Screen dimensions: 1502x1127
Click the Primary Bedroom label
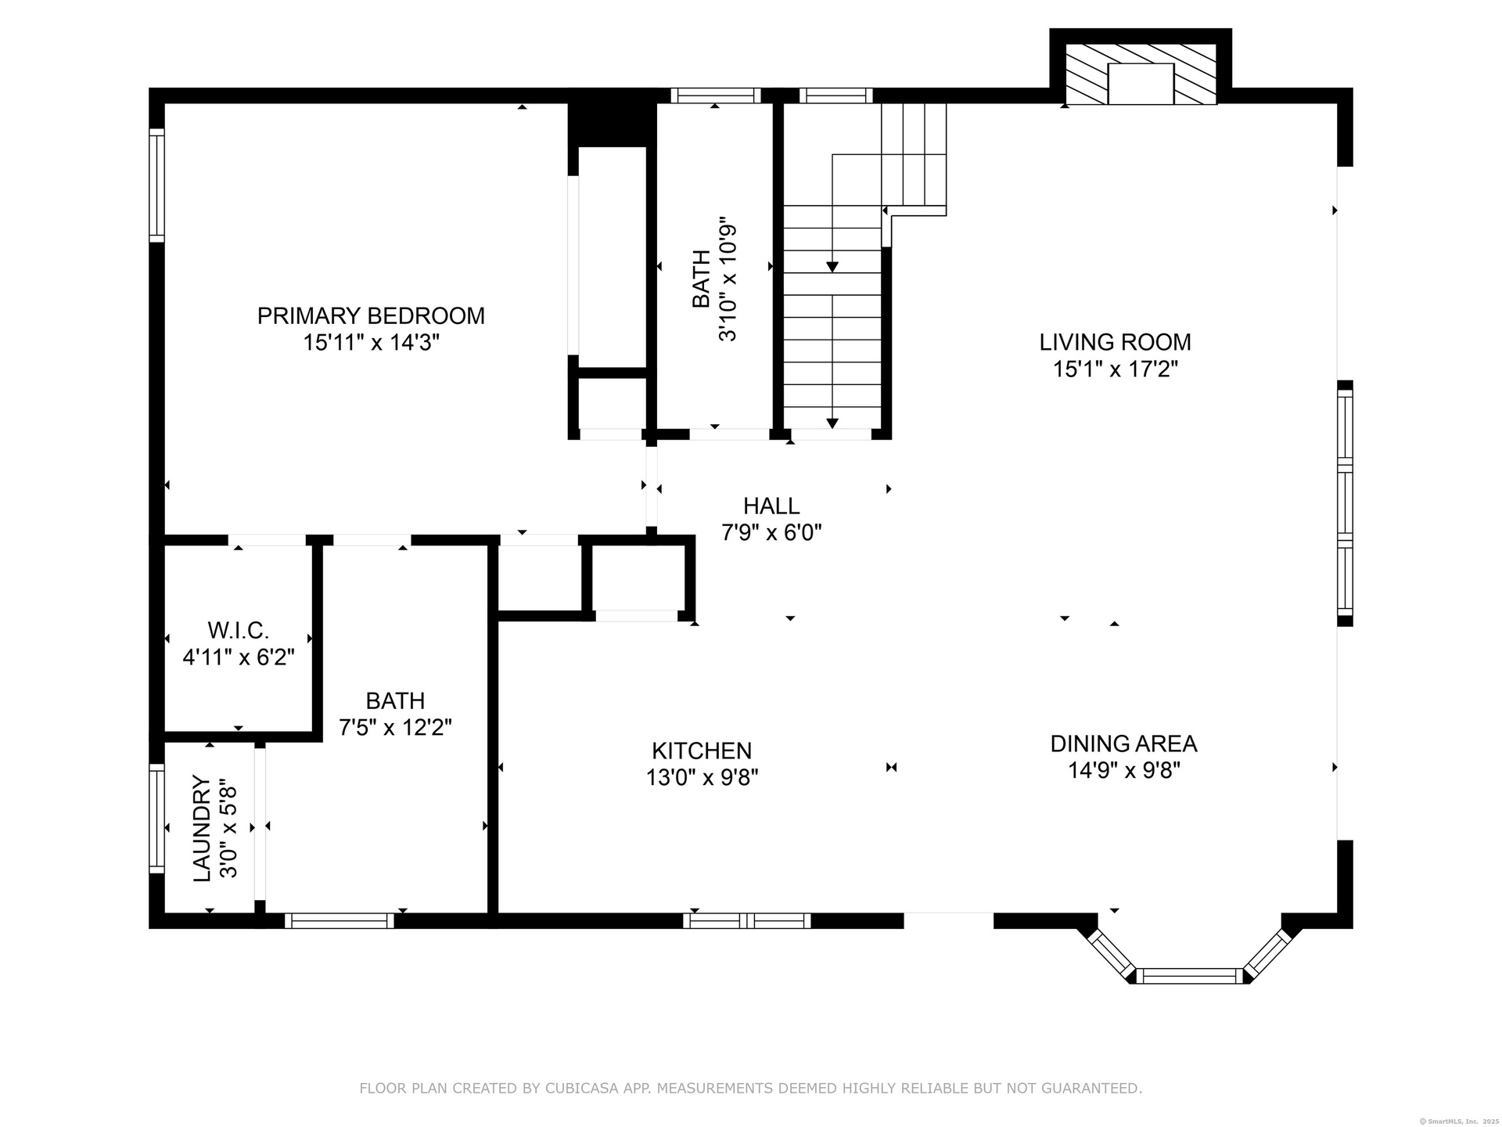coord(371,316)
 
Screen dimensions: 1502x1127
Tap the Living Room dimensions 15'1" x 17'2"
coord(1116,369)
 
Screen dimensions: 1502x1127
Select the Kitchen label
coord(702,751)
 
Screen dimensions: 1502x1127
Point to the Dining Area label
coord(1123,744)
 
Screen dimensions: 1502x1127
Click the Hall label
coord(771,506)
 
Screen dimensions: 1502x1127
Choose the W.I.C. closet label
coord(239,630)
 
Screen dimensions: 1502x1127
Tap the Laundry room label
coord(202,828)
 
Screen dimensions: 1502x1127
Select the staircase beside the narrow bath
coord(864,266)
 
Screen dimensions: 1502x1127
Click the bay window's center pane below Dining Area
coord(1189,975)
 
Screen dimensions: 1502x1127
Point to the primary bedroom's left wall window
coord(157,185)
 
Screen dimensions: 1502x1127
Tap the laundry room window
coord(157,819)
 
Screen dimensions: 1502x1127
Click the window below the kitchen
coord(746,921)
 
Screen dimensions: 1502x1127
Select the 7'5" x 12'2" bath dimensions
coord(395,728)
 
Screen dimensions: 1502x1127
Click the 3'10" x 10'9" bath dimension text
coord(728,283)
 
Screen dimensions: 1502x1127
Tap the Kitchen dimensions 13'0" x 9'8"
coord(702,778)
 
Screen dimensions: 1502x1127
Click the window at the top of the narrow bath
coord(716,95)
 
